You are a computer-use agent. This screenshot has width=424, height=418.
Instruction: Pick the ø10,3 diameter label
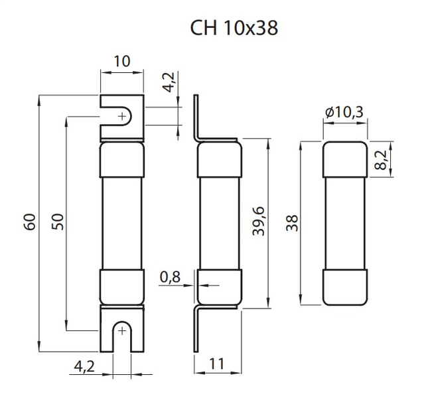coord(345,113)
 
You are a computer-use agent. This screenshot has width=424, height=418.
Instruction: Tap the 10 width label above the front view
coord(121,62)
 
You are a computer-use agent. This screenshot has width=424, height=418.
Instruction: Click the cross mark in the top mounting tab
coord(121,117)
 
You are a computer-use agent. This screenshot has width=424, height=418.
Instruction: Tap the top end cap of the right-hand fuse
coord(345,159)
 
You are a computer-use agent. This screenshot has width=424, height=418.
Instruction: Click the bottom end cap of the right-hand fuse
coord(345,287)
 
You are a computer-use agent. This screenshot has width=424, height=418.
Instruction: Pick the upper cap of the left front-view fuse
coord(121,160)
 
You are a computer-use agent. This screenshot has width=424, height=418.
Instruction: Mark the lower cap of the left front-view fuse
coord(121,287)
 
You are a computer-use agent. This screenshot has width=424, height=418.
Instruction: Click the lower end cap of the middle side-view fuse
coord(219,287)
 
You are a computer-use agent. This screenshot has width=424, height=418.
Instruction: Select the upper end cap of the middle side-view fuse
coord(220,159)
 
